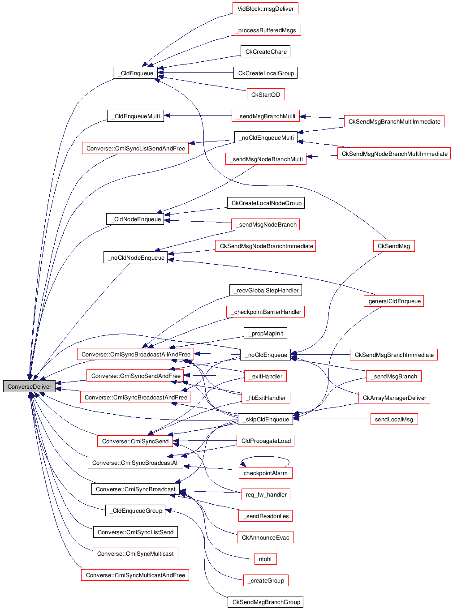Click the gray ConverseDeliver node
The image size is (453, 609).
[29, 386]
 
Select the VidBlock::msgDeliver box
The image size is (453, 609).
[265, 9]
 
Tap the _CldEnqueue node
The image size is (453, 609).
[135, 73]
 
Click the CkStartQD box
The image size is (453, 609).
[265, 94]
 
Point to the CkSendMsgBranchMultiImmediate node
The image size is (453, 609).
[394, 121]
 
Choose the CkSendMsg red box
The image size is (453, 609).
[393, 246]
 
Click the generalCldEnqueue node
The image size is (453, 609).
[394, 301]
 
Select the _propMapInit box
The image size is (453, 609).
[265, 334]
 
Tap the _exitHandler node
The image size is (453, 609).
[265, 377]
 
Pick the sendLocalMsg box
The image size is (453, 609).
[394, 420]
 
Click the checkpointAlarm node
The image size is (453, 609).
[265, 473]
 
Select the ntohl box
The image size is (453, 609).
[265, 559]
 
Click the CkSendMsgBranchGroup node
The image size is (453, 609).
[265, 602]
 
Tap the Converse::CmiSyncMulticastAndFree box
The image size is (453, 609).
[135, 575]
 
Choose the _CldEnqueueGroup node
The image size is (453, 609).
[135, 511]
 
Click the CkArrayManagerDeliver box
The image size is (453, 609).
[394, 398]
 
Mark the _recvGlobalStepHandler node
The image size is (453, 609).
[265, 291]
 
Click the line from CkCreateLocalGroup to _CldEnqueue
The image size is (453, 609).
[197, 73]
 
